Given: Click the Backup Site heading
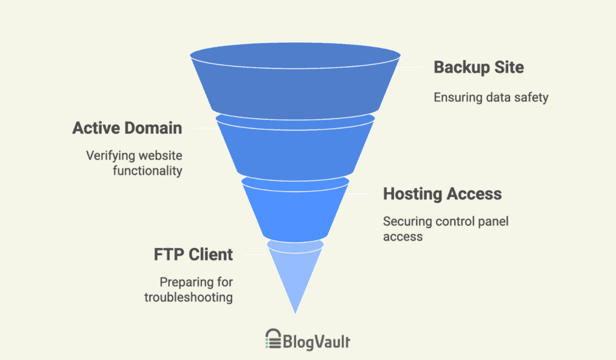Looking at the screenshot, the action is tap(478, 67).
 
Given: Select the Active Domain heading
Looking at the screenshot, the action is tap(128, 128).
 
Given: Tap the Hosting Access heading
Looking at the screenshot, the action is tap(442, 194).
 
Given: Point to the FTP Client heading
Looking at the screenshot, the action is tap(193, 255).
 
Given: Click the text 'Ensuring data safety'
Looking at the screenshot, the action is tap(491, 98).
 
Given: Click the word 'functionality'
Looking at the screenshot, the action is tap(148, 171).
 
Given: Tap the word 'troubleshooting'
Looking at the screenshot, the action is tap(188, 297).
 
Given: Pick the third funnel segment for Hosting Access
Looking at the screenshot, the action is tap(295, 210).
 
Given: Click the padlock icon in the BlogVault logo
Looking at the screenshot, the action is tap(274, 339).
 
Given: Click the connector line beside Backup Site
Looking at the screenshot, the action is tap(409, 67).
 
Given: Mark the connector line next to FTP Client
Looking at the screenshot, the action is tap(256, 255).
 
